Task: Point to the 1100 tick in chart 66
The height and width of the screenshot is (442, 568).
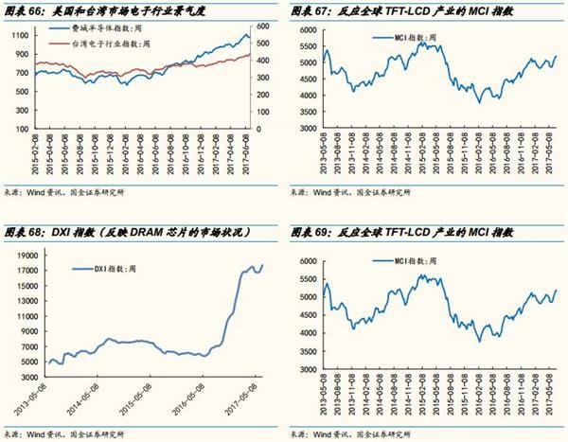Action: (18, 34)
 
